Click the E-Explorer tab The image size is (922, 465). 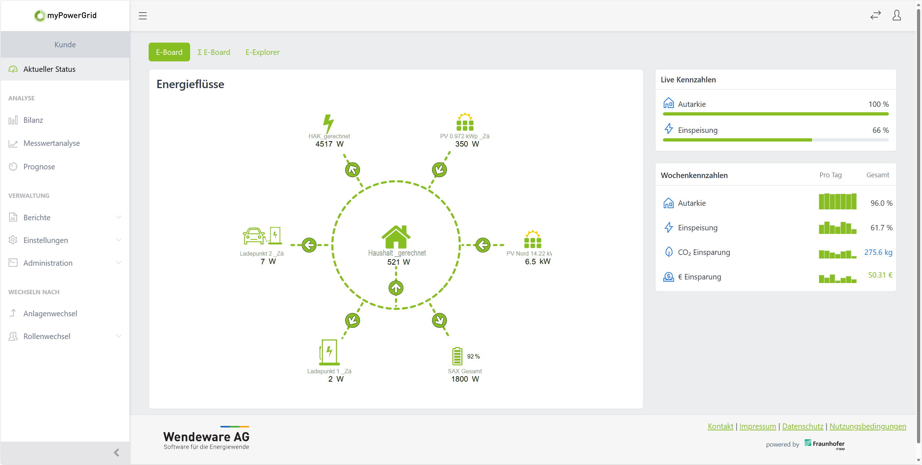coord(262,52)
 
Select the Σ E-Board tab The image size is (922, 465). coord(214,52)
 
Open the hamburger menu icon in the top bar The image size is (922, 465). coord(143,16)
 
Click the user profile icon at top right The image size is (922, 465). coord(897,16)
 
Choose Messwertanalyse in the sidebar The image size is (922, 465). coord(52,143)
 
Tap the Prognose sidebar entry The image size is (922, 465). coord(39,167)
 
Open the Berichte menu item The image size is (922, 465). coord(37,218)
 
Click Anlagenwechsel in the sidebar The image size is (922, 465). coord(50,314)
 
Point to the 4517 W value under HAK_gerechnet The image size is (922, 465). coord(329,144)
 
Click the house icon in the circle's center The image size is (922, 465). coord(396,237)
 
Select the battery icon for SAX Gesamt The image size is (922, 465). coord(457,356)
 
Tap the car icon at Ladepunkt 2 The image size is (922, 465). coord(254,236)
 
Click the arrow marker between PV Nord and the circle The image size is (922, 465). coord(483,245)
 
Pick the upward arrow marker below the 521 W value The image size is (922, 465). coord(396,288)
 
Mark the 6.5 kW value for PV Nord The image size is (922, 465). coord(537,262)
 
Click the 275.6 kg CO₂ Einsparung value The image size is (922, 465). coord(878,252)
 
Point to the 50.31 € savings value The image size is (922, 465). coord(880,275)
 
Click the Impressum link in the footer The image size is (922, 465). coord(758,426)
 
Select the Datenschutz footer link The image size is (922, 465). coord(803,426)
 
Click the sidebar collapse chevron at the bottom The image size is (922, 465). coord(117,453)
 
